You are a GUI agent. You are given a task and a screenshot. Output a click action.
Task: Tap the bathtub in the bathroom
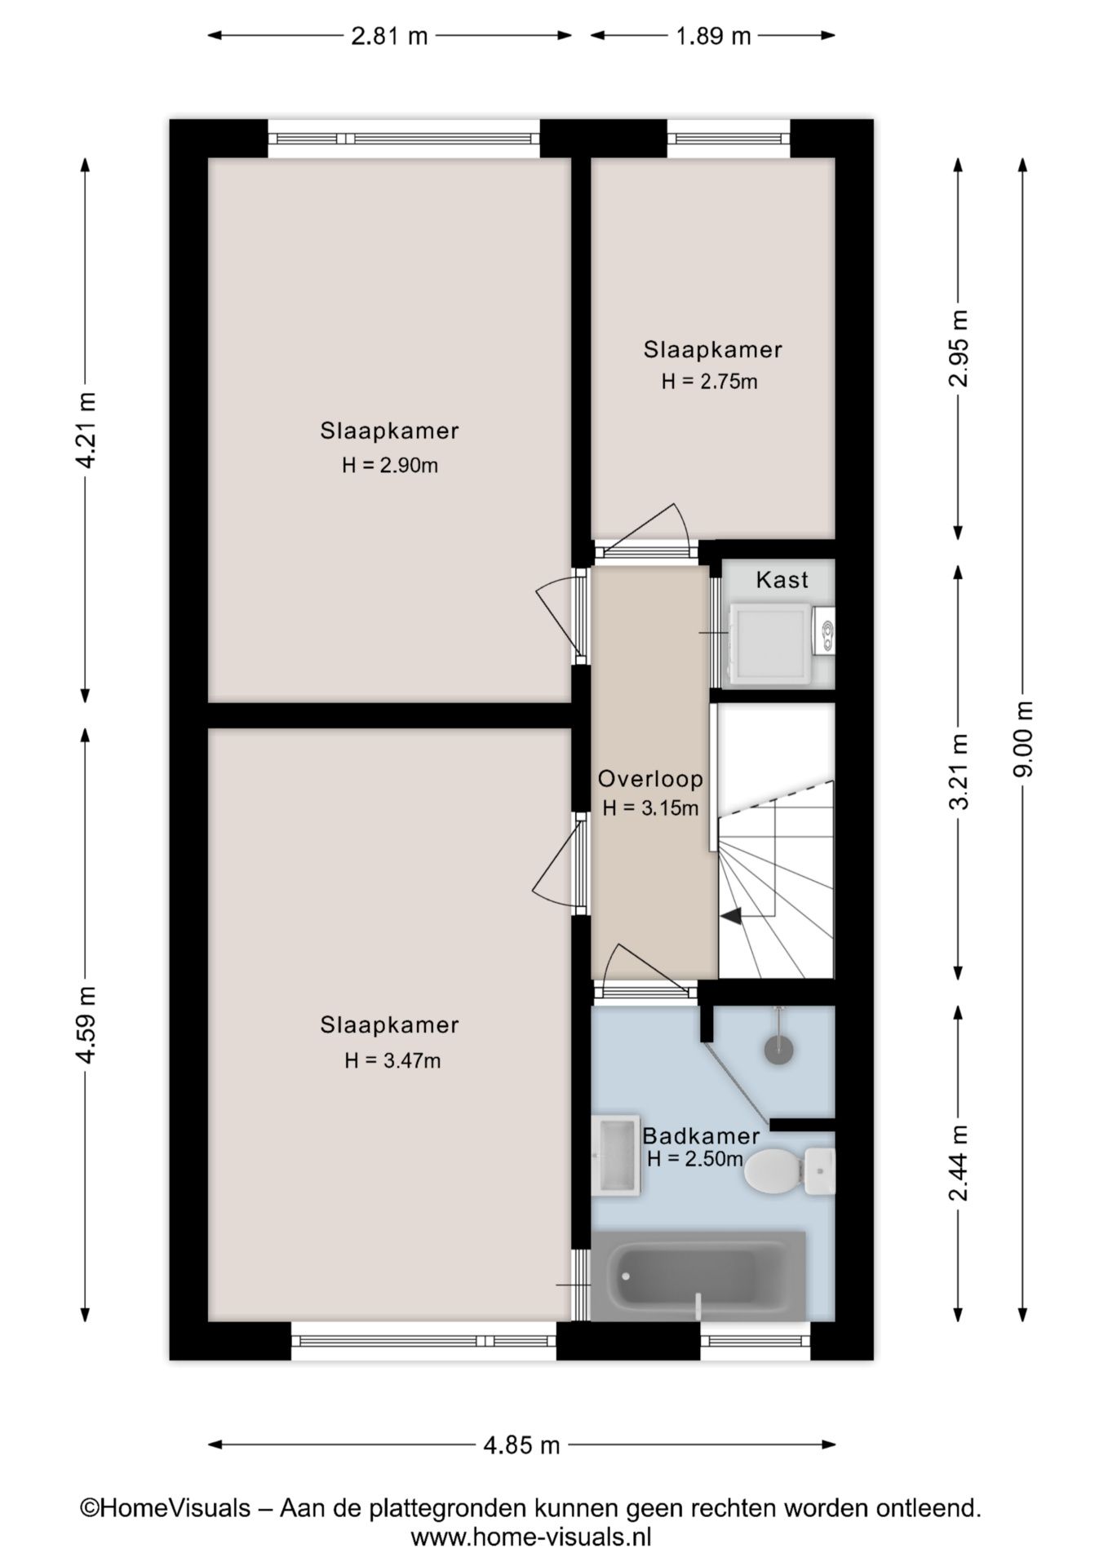point(698,1276)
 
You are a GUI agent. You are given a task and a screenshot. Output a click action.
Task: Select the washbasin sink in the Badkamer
point(616,1154)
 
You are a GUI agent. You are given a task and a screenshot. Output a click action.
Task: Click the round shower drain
point(779,1049)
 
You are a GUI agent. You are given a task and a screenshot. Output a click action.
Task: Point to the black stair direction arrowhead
point(731,916)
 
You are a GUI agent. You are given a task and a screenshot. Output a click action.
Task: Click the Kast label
point(782,580)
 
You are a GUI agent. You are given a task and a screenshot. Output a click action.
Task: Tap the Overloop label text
point(650,779)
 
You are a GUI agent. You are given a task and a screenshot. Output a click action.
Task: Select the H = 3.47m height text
point(392,1060)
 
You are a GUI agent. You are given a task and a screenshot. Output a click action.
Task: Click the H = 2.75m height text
point(709,381)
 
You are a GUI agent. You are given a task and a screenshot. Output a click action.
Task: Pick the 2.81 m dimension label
point(389,36)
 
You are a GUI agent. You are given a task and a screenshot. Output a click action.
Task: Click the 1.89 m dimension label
point(713,36)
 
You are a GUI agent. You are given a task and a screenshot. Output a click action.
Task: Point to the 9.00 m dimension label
point(1023,739)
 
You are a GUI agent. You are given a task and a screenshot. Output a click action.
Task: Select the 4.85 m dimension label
point(521,1445)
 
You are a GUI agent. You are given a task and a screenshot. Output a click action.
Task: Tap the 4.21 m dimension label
point(86,430)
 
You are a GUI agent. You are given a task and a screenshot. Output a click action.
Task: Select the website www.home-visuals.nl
point(530,1537)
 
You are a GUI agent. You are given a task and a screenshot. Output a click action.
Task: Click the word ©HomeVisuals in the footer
point(165,1508)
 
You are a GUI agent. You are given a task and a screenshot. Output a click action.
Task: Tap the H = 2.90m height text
point(389,466)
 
